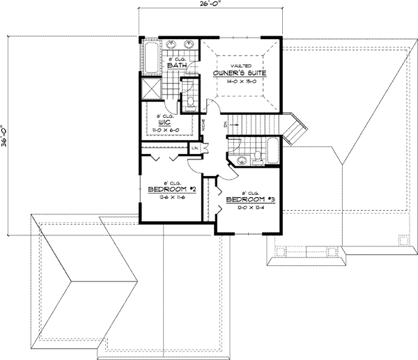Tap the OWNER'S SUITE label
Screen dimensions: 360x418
pyautogui.click(x=242, y=72)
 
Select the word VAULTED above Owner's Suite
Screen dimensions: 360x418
pyautogui.click(x=241, y=63)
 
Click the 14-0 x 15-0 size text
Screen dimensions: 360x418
pyautogui.click(x=241, y=81)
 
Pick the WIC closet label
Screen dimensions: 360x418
pyautogui.click(x=164, y=122)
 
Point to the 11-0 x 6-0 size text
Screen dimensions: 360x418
pyautogui.click(x=164, y=130)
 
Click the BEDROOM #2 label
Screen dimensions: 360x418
pyautogui.click(x=166, y=189)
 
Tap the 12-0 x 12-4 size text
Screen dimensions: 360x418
pyautogui.click(x=247, y=208)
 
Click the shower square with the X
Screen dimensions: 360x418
pyautogui.click(x=151, y=89)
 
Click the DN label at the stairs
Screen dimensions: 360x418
pyautogui.click(x=225, y=123)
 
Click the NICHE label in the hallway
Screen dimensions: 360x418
pyautogui.click(x=203, y=126)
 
